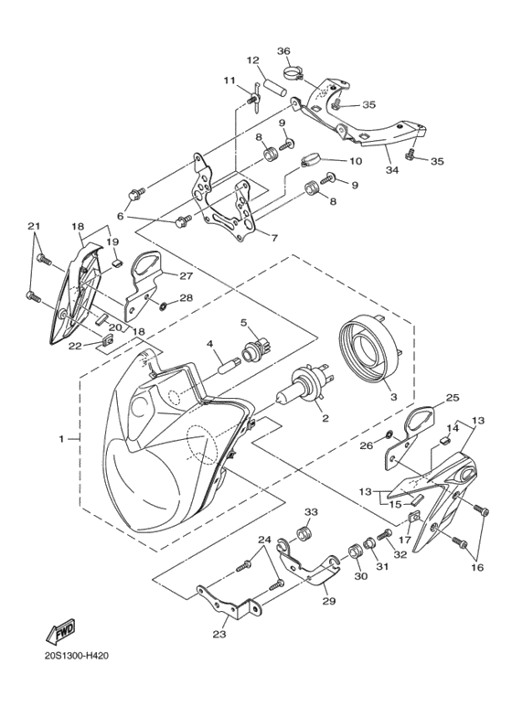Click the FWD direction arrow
pyautogui.click(x=59, y=631)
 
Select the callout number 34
pyautogui.click(x=392, y=170)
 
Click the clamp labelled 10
pyautogui.click(x=311, y=160)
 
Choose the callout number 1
pyautogui.click(x=62, y=438)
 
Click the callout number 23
pyautogui.click(x=220, y=634)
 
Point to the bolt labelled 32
pyautogui.click(x=385, y=536)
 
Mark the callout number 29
pyautogui.click(x=329, y=601)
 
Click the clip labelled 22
pyautogui.click(x=106, y=338)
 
